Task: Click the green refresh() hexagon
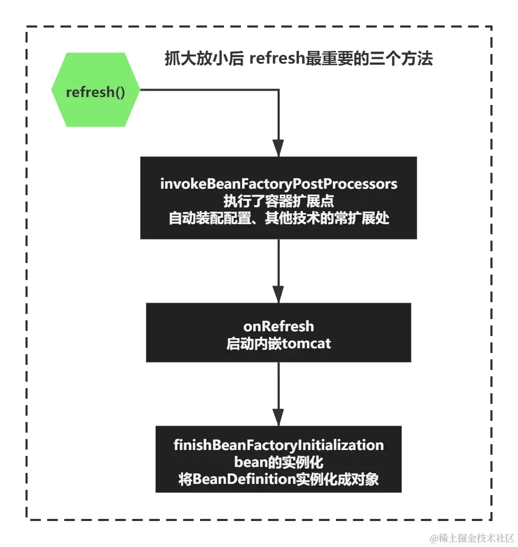point(95,91)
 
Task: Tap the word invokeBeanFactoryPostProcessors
point(279,184)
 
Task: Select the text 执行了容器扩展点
point(279,201)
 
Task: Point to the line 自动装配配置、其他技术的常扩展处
point(279,218)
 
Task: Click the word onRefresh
point(279,326)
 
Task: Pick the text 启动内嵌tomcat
point(279,343)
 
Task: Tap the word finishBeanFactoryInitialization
point(279,445)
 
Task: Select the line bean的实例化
point(279,462)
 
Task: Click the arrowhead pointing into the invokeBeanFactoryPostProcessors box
point(279,148)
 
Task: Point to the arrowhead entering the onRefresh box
point(279,294)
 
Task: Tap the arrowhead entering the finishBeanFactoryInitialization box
point(279,417)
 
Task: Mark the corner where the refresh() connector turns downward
point(279,90)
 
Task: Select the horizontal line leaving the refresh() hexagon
point(207,90)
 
